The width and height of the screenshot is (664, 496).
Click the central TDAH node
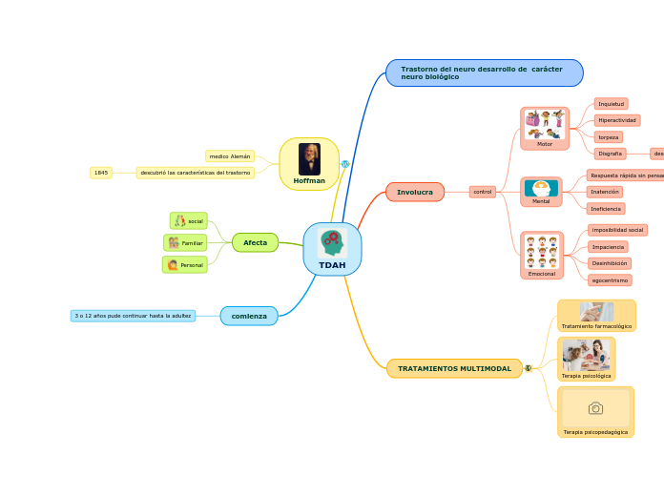click(332, 249)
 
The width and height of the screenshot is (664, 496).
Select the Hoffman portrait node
click(309, 164)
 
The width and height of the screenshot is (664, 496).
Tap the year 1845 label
click(101, 173)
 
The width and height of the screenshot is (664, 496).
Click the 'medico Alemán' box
click(230, 155)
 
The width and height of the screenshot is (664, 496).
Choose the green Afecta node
click(255, 242)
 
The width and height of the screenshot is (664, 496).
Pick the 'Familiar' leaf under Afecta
click(185, 243)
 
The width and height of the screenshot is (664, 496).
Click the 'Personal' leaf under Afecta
click(185, 265)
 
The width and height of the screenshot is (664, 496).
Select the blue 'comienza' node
click(249, 316)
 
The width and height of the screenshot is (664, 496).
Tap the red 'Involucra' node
click(415, 192)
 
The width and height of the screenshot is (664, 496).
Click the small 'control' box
click(483, 192)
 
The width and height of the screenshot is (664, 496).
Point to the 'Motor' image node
click(545, 129)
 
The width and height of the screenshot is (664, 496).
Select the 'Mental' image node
click(541, 192)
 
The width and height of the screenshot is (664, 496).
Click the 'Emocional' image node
click(542, 255)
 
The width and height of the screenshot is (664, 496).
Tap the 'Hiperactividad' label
click(617, 120)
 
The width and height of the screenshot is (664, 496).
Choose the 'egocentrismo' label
click(610, 280)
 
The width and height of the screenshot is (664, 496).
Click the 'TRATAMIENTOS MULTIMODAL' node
click(454, 368)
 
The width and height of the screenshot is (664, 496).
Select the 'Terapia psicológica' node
click(586, 360)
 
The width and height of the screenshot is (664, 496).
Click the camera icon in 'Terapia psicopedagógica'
click(595, 408)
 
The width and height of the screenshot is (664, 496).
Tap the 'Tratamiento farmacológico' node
click(596, 316)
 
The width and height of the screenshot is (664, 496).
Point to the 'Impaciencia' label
click(608, 246)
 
